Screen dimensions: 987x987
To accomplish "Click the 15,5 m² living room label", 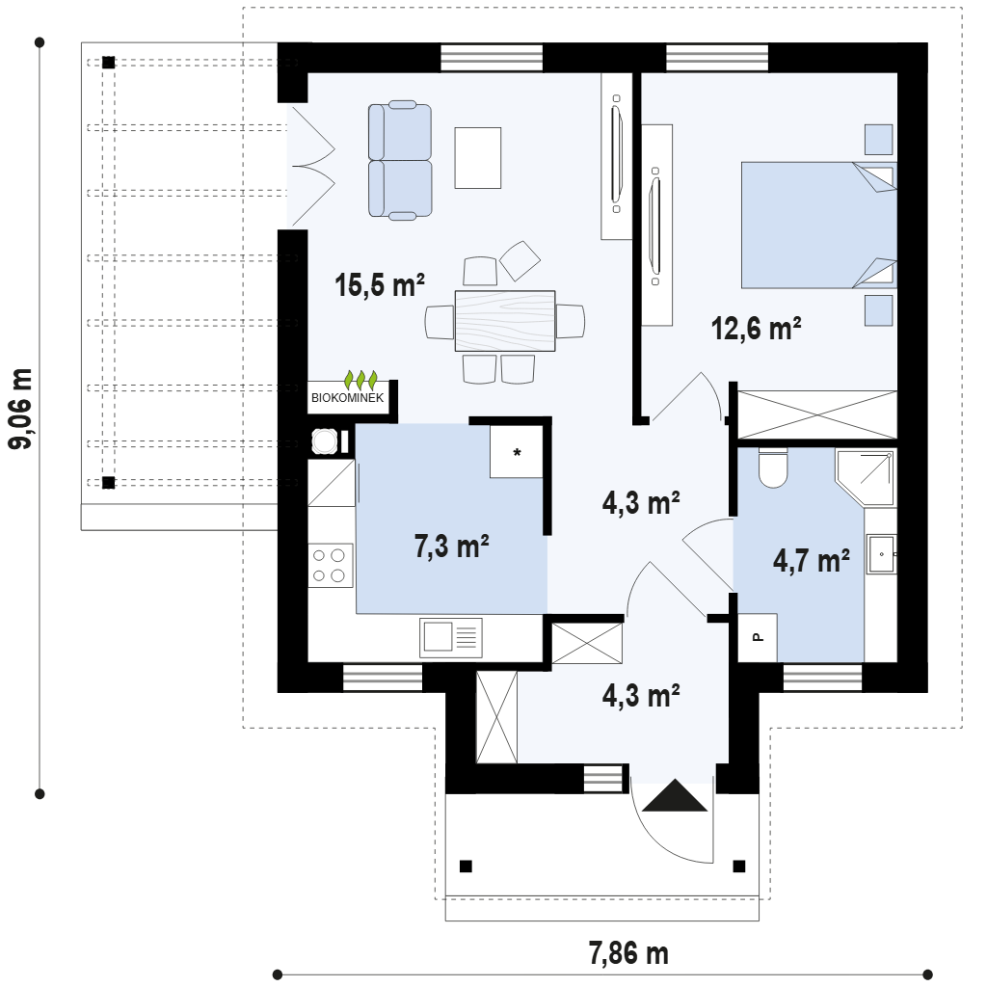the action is (x=380, y=285).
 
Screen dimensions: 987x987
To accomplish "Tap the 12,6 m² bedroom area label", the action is (x=756, y=329).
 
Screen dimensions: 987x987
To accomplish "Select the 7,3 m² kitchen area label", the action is (x=451, y=546).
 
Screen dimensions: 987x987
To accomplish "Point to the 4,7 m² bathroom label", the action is (x=812, y=560).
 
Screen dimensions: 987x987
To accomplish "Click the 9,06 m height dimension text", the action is (x=19, y=409).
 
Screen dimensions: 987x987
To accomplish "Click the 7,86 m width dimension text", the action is (x=628, y=953).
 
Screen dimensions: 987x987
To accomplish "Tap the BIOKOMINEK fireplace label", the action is (x=347, y=398).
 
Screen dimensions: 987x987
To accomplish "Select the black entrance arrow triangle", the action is (x=675, y=795).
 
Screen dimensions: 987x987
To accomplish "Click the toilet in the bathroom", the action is (x=773, y=467).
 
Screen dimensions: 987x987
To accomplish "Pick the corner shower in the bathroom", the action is (x=866, y=477).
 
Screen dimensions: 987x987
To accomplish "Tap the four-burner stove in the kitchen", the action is (x=330, y=565).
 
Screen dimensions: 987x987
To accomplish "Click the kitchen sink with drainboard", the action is (x=451, y=638).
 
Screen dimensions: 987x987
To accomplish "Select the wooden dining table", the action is (x=505, y=321).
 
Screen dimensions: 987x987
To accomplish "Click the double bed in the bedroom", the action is (x=819, y=226).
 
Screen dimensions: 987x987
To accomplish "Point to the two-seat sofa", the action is (x=400, y=161).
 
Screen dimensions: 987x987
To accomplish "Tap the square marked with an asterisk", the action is (x=517, y=451).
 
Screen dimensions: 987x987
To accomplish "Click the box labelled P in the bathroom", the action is (x=758, y=638).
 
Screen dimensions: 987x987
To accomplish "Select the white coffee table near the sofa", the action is (x=478, y=158).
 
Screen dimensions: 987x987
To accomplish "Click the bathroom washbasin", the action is (x=882, y=554).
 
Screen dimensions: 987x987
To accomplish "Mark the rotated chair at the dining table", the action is (x=520, y=260).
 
